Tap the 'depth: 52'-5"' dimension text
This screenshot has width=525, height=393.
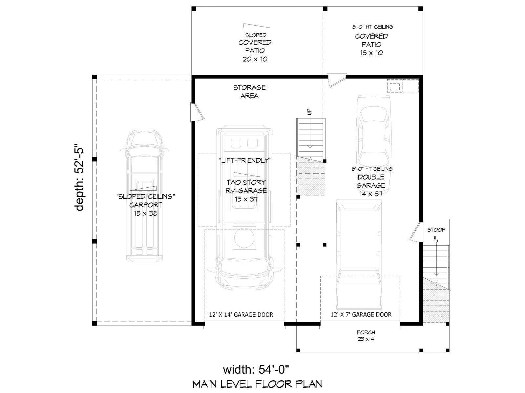[79, 177]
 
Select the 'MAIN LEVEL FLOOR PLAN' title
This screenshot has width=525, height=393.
[257, 384]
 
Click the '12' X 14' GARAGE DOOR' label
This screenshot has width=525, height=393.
[241, 315]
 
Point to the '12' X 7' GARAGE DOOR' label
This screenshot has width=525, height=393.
[361, 314]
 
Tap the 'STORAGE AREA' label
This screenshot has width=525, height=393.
[249, 92]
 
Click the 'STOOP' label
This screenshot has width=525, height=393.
[436, 230]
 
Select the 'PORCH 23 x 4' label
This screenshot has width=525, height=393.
[366, 335]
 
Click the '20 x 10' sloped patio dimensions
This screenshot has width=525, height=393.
[255, 59]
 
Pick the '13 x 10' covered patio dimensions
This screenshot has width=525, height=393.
[371, 53]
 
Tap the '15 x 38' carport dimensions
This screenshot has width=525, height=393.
[146, 213]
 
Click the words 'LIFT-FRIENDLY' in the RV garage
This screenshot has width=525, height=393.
[245, 160]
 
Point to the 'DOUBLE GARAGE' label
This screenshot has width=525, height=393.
[371, 181]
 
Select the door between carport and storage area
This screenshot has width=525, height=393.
[197, 112]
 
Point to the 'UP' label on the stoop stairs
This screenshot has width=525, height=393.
[436, 239]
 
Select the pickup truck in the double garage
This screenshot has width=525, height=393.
[359, 255]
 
